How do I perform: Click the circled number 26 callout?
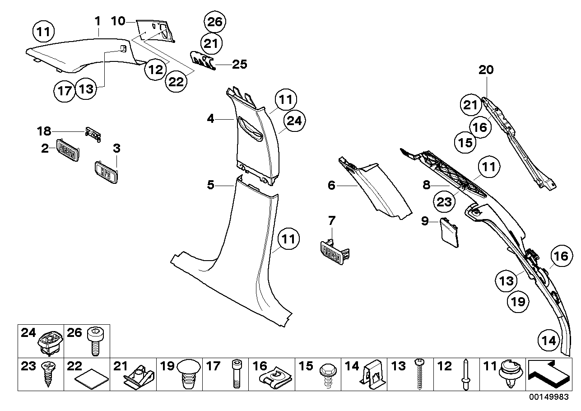pos(215,22)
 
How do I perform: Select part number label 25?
pos(239,64)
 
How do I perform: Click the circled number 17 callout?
pos(65,91)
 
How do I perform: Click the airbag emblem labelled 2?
pos(67,149)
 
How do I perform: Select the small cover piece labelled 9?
pos(449,231)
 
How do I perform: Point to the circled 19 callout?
pos(519,301)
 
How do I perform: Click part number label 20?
pos(486,70)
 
